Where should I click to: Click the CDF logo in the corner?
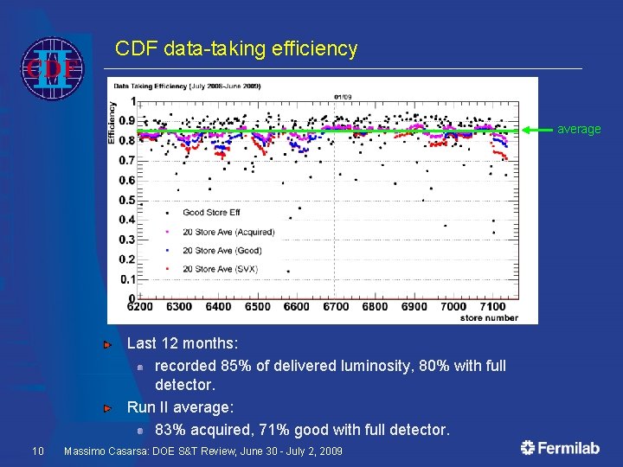[52, 67]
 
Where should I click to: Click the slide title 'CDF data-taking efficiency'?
[236, 49]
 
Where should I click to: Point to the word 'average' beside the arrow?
[579, 130]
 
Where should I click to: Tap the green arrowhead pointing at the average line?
[529, 130]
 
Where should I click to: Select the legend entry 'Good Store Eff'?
[211, 212]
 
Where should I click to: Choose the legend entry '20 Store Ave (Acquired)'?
[228, 232]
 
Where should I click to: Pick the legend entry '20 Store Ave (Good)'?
[222, 251]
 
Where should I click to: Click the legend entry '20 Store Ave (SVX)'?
[220, 269]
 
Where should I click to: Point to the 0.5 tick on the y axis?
[126, 201]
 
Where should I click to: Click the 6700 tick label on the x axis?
[336, 307]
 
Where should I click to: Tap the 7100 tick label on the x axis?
[491, 307]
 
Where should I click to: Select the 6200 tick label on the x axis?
[140, 307]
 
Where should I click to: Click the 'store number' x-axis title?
[489, 317]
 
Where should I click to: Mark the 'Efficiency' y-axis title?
[112, 121]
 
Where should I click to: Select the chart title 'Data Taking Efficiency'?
[185, 86]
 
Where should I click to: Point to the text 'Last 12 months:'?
[183, 343]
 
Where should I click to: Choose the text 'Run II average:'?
[180, 406]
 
